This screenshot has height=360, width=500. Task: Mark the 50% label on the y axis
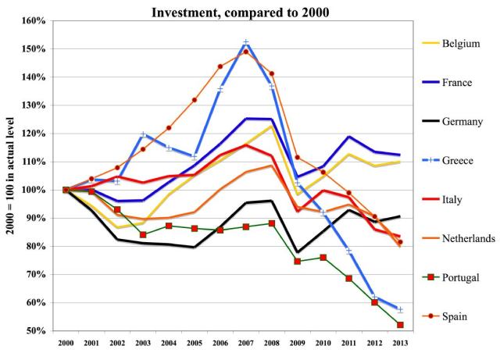(x=37, y=331)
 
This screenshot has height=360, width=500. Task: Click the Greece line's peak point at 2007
(x=246, y=42)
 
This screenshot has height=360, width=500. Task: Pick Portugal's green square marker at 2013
(x=401, y=325)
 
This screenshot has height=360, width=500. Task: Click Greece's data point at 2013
(x=401, y=309)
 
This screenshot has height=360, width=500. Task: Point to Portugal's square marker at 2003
(x=143, y=235)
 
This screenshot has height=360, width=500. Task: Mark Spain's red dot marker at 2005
(x=195, y=100)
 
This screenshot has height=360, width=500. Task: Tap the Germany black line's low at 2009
(x=298, y=252)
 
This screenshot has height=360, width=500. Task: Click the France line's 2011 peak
(x=349, y=137)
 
